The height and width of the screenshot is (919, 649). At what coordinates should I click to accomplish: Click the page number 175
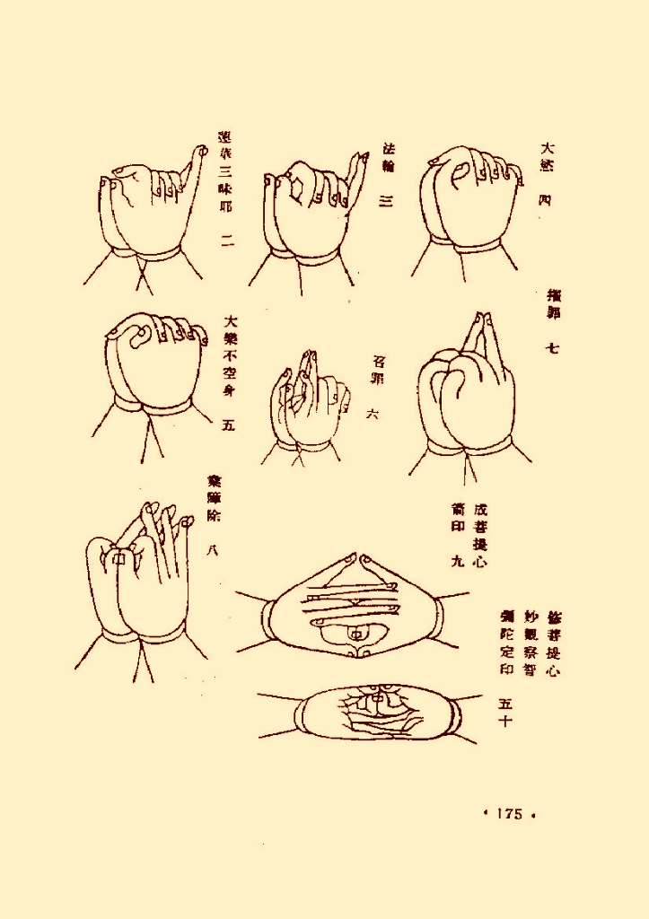point(508,813)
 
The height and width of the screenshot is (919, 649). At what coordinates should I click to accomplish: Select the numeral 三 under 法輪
point(387,202)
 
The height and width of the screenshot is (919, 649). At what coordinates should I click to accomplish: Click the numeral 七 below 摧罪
point(553,347)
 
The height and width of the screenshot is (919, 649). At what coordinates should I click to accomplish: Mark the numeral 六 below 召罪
point(373,414)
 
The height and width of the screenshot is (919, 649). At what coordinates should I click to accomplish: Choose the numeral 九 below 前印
point(457,562)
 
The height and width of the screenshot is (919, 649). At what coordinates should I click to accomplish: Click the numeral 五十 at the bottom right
point(504,711)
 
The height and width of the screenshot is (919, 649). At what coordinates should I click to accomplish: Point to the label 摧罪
point(553,305)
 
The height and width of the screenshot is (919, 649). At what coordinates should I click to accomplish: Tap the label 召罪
point(377,371)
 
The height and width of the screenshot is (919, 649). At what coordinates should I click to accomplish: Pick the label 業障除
point(214,499)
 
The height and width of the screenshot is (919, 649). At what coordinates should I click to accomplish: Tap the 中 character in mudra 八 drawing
point(116,558)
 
